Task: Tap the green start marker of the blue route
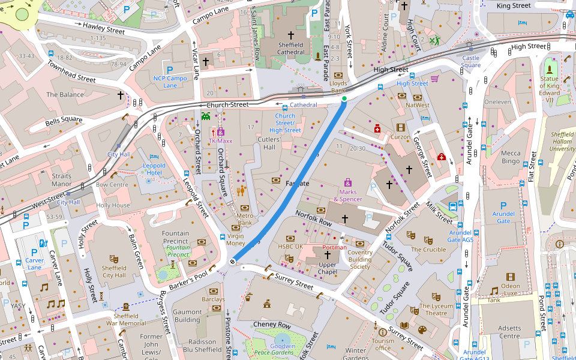344,98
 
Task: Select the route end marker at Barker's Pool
232,262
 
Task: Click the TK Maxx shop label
220,141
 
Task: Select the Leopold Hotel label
155,169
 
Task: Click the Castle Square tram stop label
471,62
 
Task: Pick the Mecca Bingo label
511,157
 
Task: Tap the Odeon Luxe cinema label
510,289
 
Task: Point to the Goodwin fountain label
283,346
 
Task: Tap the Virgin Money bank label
235,239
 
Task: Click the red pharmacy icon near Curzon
377,128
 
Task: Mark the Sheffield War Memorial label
126,319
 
